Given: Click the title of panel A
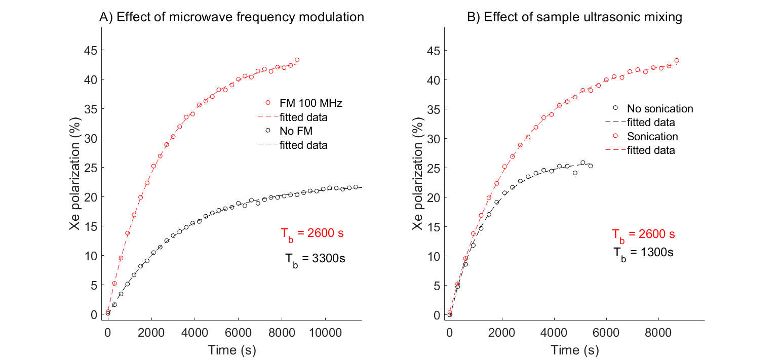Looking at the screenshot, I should coord(231,17).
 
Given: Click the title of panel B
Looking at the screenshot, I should coord(574,17).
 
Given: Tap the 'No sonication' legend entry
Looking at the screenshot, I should coord(659,108).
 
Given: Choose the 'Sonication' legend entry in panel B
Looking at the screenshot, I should coord(652,136).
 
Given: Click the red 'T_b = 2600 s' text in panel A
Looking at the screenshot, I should coord(313,234).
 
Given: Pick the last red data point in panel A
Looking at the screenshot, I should coord(297,60).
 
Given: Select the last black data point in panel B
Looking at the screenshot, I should coord(591,166).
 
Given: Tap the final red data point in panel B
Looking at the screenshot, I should coord(676,60).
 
